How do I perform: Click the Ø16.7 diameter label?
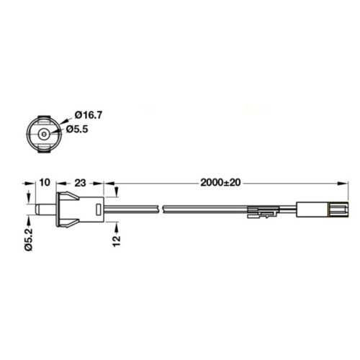[89, 115]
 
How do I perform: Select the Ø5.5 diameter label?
[77, 130]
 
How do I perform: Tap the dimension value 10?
[45, 182]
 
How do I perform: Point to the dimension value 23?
[80, 183]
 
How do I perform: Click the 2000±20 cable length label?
[220, 183]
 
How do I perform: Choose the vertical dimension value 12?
[117, 241]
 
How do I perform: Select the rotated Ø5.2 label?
[29, 240]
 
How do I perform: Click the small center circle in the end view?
[43, 134]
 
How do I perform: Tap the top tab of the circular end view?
[44, 118]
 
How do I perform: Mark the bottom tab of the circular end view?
[44, 150]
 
